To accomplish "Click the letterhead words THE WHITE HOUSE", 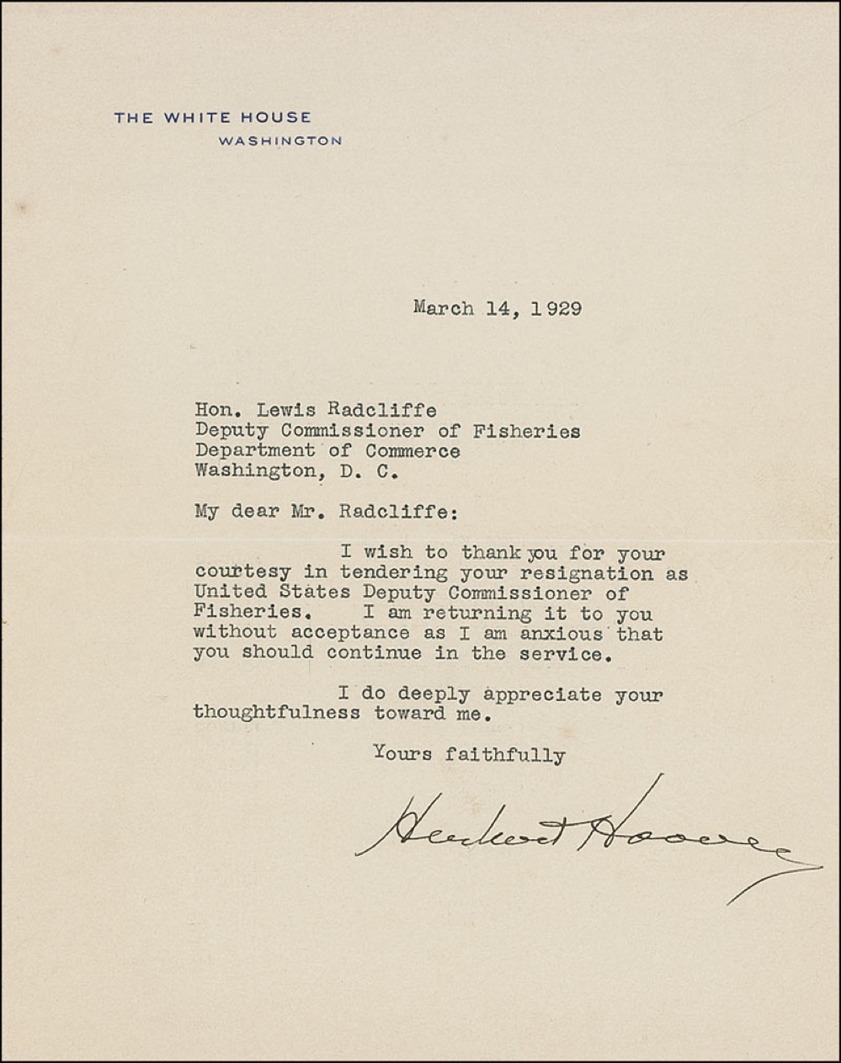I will (212, 118).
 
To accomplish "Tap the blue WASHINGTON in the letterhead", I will (279, 141).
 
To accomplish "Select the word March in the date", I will (443, 308).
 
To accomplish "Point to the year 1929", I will (556, 308).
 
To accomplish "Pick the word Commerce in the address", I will (412, 450).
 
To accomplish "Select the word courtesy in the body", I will (242, 574).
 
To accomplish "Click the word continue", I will (375, 652).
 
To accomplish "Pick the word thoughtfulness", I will (276, 713).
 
